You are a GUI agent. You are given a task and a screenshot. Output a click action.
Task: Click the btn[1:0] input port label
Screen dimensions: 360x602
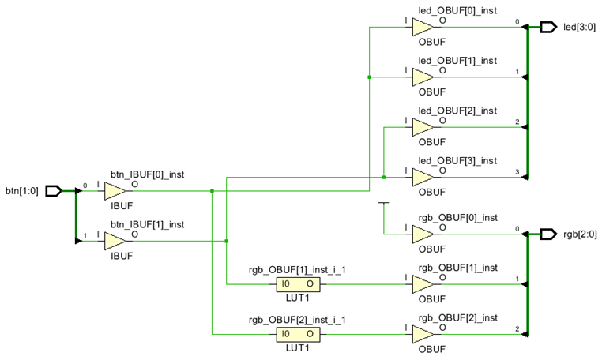click(x=22, y=190)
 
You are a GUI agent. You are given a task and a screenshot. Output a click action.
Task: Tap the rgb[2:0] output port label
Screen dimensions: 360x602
click(x=580, y=234)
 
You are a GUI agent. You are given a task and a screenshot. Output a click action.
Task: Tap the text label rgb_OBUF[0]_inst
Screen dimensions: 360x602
click(x=457, y=218)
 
